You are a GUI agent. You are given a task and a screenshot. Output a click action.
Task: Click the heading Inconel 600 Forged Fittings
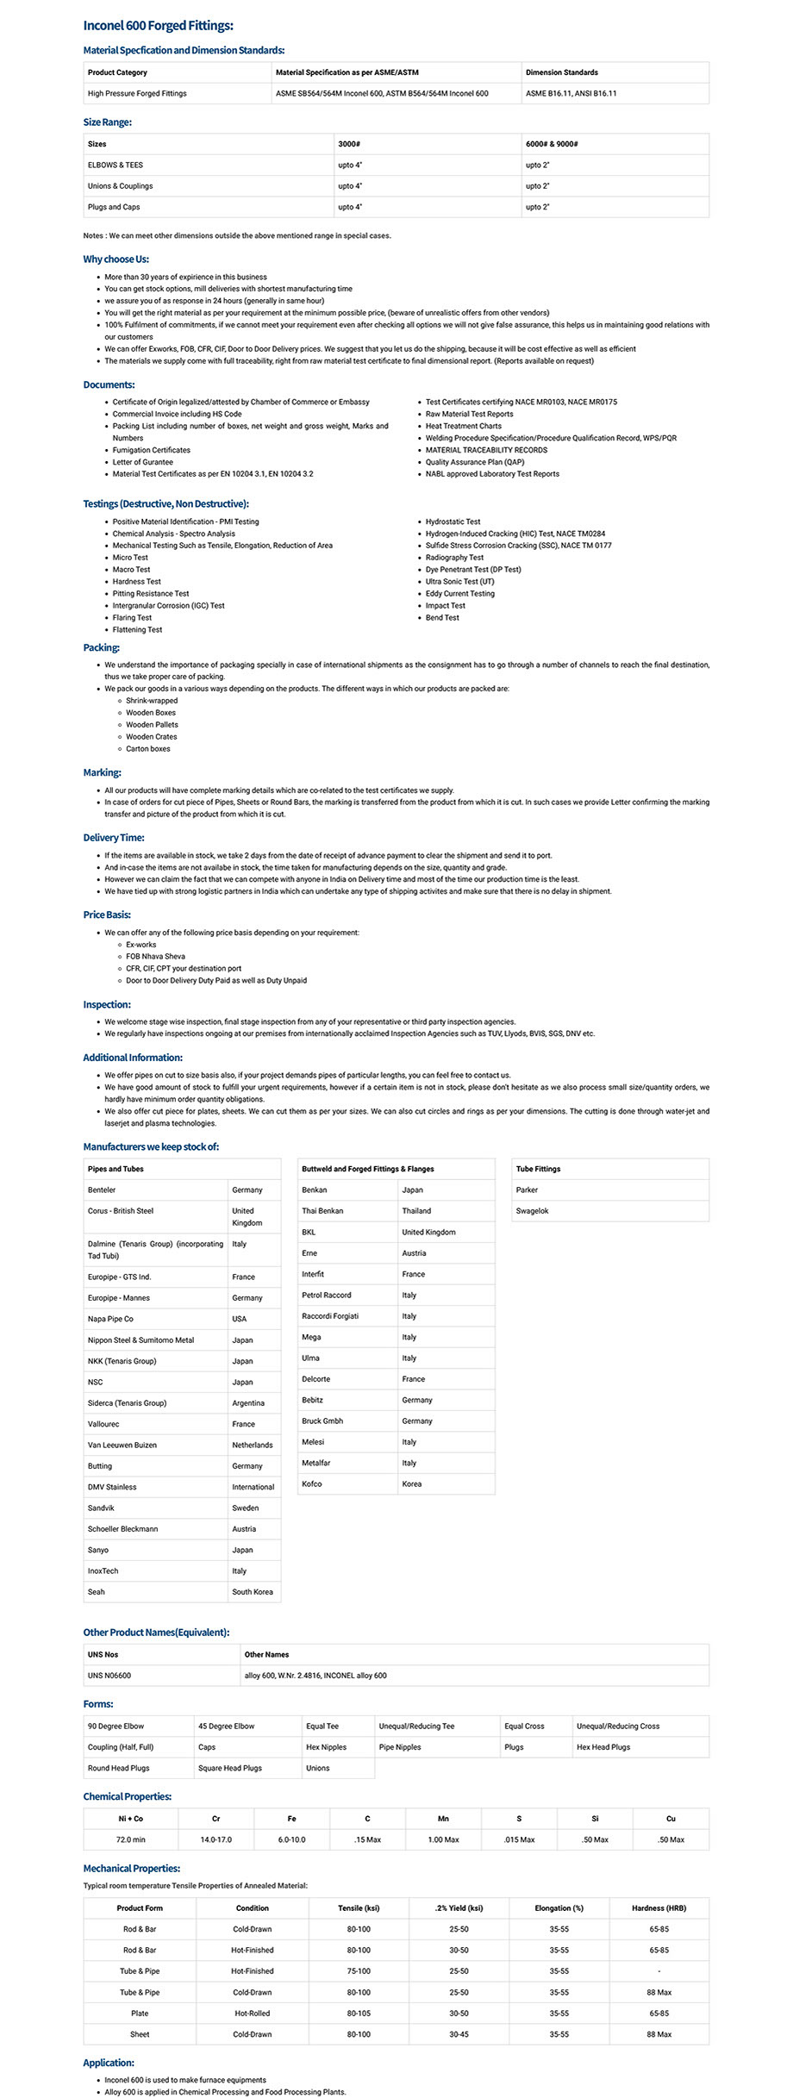click(158, 26)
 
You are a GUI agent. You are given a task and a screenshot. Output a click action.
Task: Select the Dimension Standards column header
click(561, 72)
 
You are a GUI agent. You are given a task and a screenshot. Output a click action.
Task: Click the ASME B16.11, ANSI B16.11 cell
click(571, 93)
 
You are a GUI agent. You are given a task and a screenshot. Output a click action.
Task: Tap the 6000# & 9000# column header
click(552, 144)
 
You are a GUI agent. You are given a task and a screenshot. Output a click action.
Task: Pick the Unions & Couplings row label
click(120, 186)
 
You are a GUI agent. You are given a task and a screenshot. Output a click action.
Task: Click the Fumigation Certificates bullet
click(151, 450)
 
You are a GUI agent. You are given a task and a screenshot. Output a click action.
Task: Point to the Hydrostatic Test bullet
click(453, 521)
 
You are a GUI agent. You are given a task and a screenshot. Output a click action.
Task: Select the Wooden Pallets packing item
click(152, 725)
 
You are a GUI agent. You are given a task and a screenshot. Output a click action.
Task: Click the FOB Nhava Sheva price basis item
click(155, 957)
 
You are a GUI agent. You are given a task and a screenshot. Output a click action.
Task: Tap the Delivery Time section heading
click(113, 838)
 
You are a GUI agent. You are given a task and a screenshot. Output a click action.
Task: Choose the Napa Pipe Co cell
click(110, 1319)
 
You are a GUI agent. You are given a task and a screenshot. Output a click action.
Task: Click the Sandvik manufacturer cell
click(101, 1508)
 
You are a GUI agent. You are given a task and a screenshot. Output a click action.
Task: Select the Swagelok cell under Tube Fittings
click(532, 1211)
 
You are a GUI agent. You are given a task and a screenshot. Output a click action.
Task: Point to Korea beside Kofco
click(411, 1483)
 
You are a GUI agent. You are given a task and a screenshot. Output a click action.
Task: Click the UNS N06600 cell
click(109, 1676)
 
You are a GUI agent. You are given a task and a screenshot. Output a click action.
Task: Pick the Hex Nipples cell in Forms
click(326, 1747)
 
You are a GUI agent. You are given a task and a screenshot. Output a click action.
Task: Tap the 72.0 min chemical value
click(130, 1839)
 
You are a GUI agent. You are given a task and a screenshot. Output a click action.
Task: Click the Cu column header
click(671, 1819)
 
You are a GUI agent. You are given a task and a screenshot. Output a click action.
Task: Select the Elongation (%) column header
click(559, 1908)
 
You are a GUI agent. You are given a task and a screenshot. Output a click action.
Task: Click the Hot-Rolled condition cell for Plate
click(252, 2014)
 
